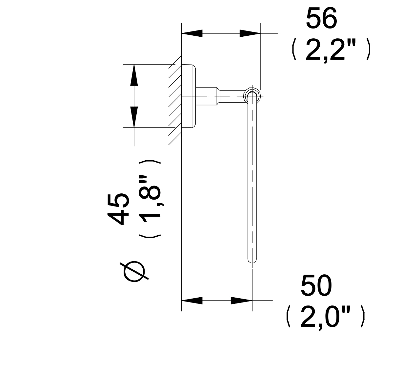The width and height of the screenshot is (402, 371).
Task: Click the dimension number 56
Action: pos(321,18)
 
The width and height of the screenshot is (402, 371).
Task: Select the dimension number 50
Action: pos(316,285)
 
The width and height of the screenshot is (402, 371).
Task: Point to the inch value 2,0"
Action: pos(325,318)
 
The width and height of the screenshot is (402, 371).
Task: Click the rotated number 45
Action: pos(118,209)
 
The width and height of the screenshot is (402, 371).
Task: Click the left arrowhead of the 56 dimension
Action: pos(192,33)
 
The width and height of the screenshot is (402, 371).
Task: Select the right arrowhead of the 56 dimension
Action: pos(250,33)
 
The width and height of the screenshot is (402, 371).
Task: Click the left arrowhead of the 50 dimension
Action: pos(192,301)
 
